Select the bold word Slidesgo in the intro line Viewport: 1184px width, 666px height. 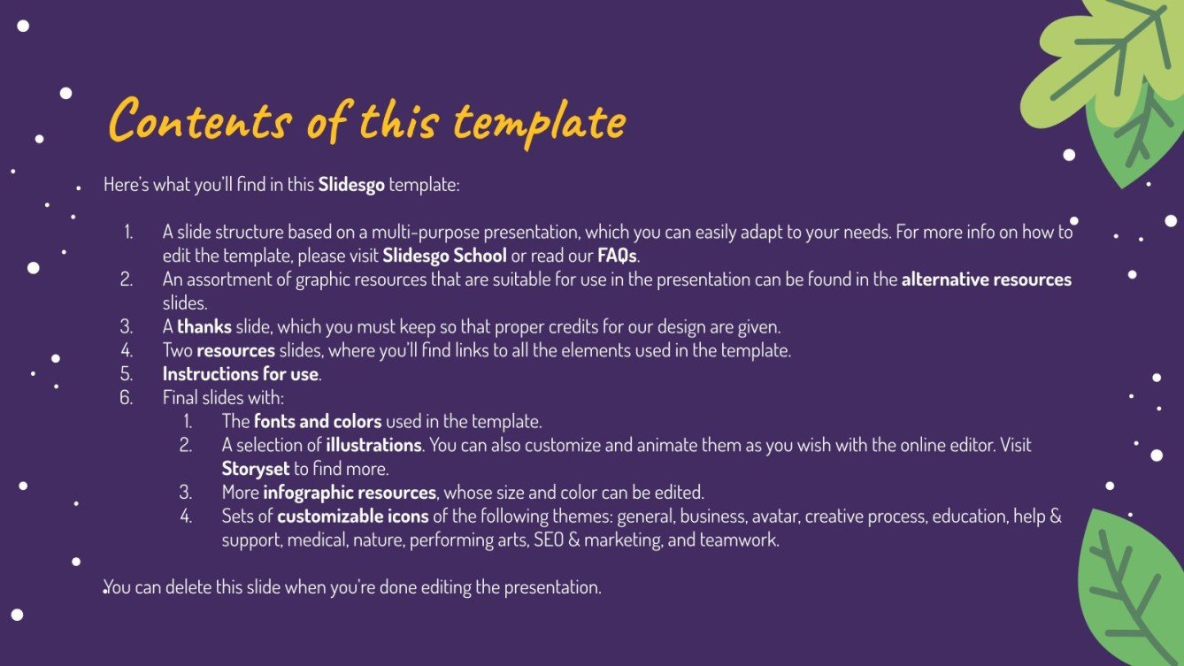point(351,185)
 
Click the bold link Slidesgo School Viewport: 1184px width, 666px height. point(444,256)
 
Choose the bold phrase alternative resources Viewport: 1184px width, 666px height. point(986,279)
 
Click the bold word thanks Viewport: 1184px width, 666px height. point(204,326)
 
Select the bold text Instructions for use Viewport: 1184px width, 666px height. point(240,374)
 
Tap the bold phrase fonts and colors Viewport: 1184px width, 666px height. point(318,421)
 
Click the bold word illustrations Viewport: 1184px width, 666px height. point(373,445)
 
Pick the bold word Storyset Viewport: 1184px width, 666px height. point(256,469)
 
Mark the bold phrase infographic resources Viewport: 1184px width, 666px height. point(350,492)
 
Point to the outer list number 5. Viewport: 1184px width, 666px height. point(127,374)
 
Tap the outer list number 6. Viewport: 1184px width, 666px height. point(127,397)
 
